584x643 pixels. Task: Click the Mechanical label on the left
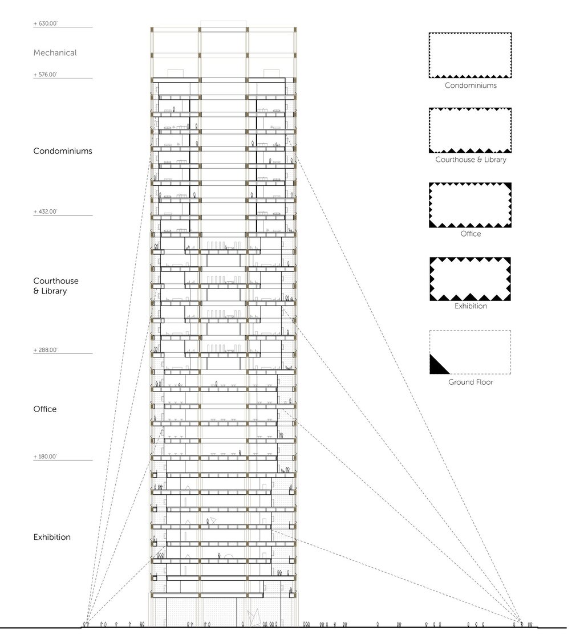55,53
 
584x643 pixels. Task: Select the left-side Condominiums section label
63,151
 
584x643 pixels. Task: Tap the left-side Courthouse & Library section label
56,286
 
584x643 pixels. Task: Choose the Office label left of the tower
45,409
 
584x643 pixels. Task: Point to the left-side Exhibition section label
52,537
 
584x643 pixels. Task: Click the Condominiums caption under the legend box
471,86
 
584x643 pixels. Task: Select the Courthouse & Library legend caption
471,160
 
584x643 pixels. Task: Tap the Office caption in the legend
471,234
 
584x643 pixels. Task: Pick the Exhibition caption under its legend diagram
471,306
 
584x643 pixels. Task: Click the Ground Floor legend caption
471,382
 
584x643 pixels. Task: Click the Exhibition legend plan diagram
470,279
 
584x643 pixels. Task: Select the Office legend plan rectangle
470,205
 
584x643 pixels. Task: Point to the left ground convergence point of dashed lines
86,622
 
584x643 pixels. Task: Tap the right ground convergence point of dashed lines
520,621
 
